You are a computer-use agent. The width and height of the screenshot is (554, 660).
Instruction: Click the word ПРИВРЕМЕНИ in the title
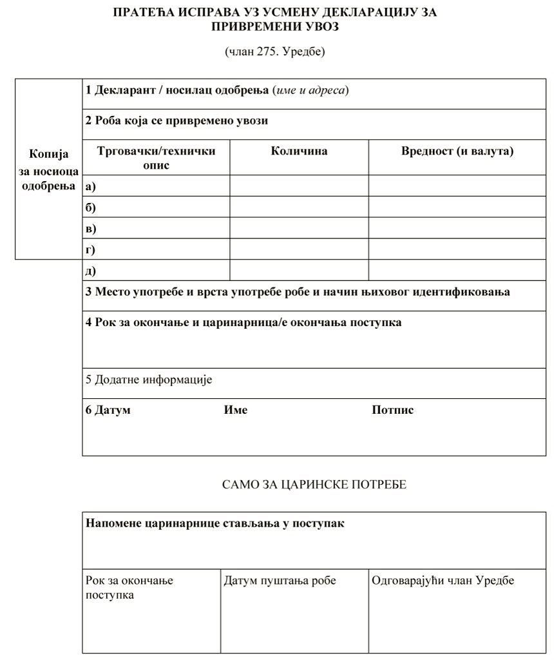249,27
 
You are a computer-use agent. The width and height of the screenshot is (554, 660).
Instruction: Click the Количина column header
299,151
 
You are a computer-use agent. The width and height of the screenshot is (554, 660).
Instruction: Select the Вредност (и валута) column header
457,151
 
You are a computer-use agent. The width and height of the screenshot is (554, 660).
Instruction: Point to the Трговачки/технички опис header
156,158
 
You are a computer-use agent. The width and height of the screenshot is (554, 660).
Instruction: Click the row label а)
90,186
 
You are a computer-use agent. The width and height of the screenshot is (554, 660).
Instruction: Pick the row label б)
90,208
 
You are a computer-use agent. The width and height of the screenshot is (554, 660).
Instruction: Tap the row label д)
90,271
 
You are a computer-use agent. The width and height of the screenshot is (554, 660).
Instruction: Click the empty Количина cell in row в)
299,228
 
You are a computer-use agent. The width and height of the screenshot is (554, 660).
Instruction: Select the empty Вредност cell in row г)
457,249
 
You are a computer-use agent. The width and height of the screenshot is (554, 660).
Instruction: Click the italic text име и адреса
310,90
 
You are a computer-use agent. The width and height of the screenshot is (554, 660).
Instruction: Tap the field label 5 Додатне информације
149,380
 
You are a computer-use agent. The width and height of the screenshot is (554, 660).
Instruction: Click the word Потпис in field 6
392,410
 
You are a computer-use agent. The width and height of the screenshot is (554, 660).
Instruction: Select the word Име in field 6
235,410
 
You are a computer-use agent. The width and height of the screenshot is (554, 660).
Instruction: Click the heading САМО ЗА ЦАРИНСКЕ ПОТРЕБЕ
314,485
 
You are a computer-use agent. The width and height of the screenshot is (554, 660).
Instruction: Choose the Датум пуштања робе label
280,581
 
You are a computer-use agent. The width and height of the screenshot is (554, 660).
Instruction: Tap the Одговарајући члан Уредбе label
443,581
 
